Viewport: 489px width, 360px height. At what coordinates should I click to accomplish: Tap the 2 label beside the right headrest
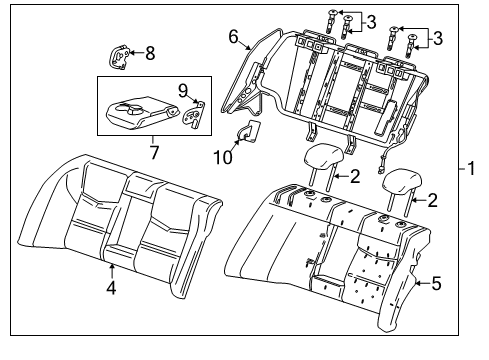point(431,201)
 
